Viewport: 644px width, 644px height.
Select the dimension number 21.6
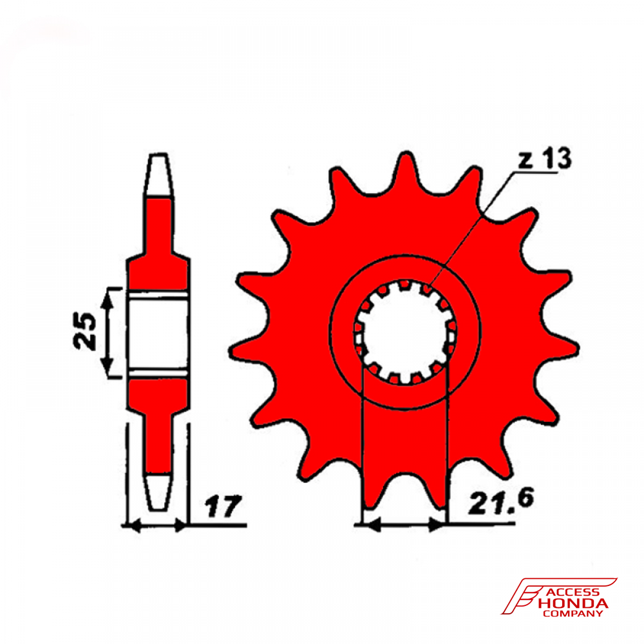coord(501,501)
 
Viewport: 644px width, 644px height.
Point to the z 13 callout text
coord(544,159)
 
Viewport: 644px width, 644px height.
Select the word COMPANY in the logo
coord(573,614)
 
